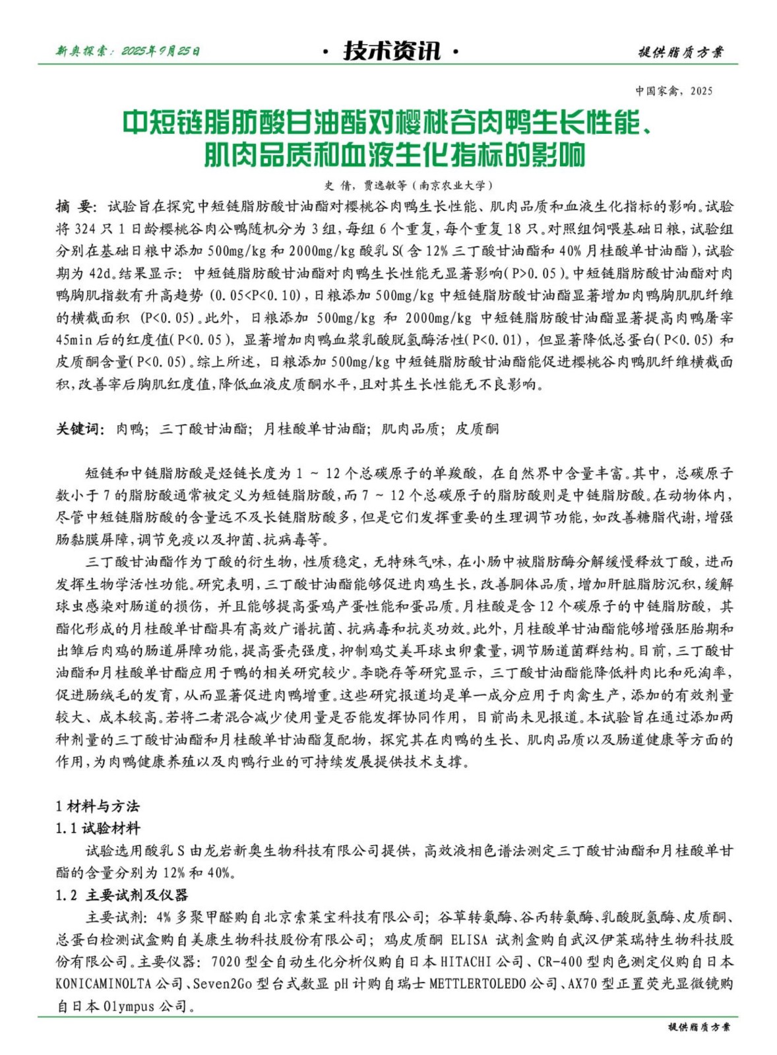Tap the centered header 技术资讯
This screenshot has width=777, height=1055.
391,51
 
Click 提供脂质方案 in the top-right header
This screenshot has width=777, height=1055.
680,52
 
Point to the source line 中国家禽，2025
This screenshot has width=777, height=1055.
673,91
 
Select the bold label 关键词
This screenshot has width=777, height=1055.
78,429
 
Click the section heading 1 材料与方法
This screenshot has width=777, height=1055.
97,806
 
